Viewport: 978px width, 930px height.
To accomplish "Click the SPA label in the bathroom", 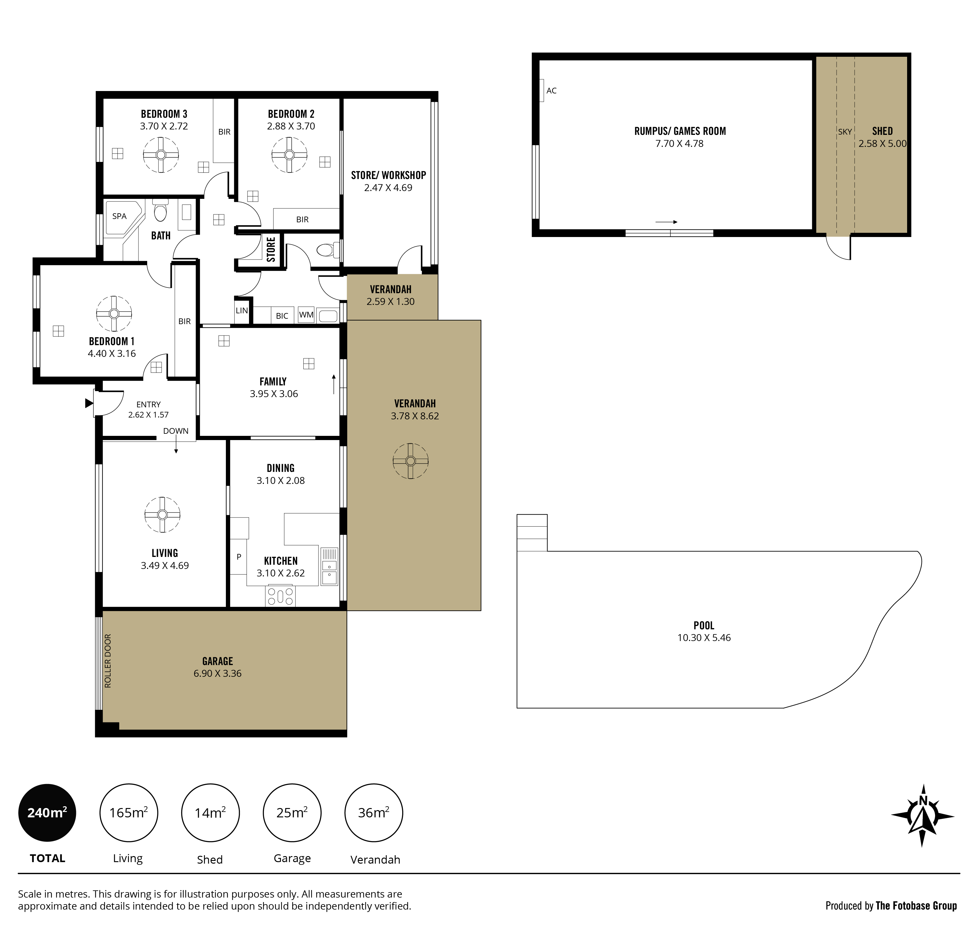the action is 120,216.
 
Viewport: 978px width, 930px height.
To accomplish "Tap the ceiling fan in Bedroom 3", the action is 161,155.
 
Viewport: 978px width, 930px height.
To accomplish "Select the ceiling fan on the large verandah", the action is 410,461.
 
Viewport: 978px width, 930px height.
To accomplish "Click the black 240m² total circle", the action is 47,813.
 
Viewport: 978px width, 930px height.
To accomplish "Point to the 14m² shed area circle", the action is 210,813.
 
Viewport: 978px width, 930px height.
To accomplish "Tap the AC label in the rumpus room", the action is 551,91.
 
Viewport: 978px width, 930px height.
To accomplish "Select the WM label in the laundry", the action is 306,315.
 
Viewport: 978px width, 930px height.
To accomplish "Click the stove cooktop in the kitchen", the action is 281,596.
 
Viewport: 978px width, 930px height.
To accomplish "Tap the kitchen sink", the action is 330,566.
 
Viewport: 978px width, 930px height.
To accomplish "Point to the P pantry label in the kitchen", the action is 239,557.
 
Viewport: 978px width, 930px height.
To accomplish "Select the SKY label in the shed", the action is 845,132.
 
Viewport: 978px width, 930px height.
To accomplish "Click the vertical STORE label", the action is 271,249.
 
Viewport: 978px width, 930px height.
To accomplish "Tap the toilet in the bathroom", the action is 160,210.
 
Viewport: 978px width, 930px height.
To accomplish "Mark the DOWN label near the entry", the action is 176,431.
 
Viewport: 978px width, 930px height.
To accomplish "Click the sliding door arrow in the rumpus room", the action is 666,222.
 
